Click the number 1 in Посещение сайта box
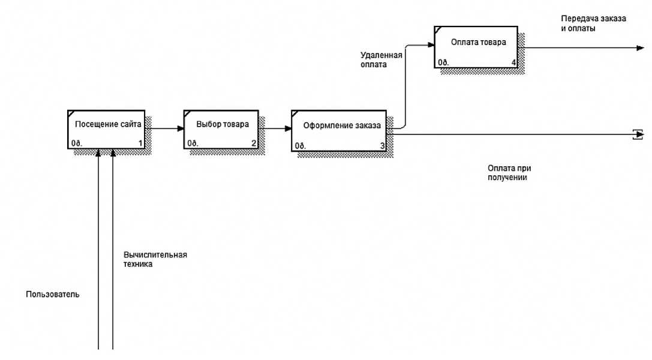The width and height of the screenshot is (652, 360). pyautogui.click(x=140, y=143)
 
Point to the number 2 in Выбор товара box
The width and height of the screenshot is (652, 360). pyautogui.click(x=254, y=143)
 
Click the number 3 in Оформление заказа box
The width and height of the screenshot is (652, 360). pyautogui.click(x=382, y=146)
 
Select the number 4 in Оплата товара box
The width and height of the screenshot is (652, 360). pyautogui.click(x=513, y=62)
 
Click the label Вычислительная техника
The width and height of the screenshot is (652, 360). pyautogui.click(x=155, y=259)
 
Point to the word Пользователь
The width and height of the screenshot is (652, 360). pyautogui.click(x=53, y=295)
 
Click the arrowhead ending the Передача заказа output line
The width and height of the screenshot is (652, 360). pyautogui.click(x=640, y=47)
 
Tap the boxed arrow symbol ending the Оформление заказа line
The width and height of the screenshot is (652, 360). pyautogui.click(x=638, y=134)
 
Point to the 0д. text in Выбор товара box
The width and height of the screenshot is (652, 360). pyautogui.click(x=193, y=143)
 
